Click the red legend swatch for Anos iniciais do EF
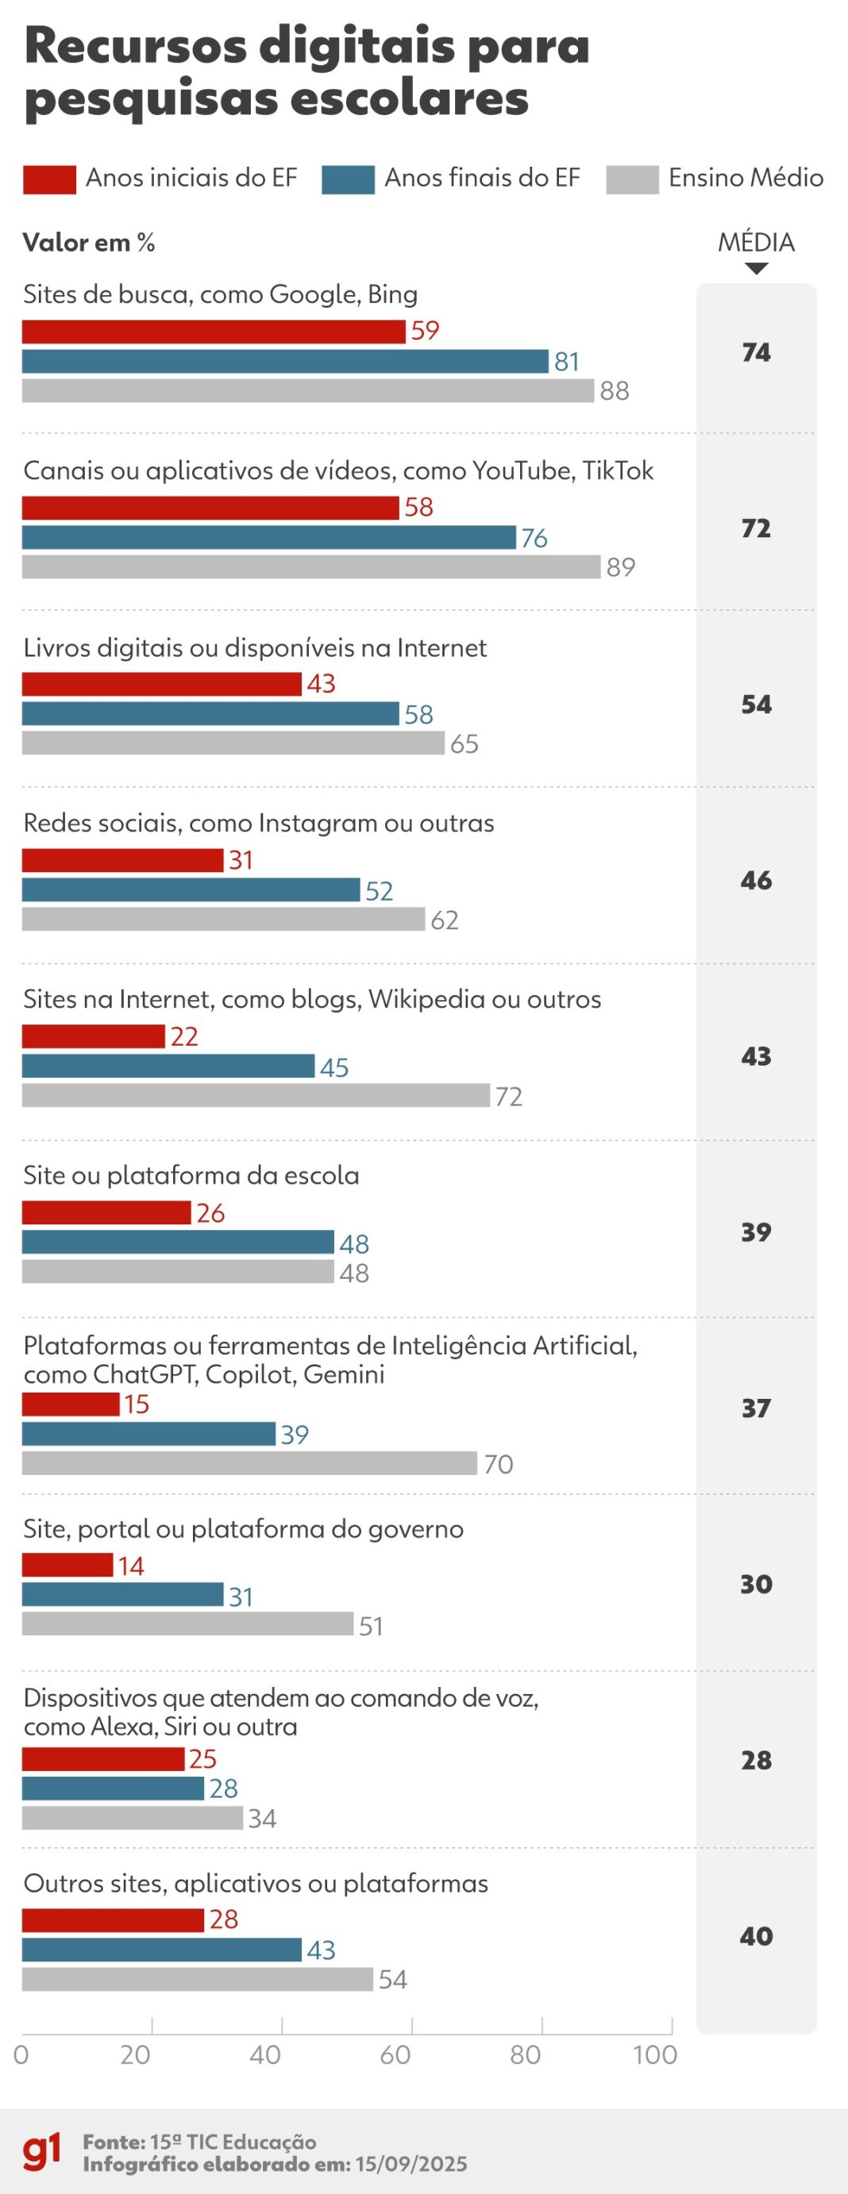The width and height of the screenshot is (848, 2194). tap(49, 179)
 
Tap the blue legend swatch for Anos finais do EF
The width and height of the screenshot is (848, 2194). tap(348, 179)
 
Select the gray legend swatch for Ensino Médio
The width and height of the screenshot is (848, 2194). tap(631, 179)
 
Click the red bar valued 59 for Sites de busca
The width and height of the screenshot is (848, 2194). tap(213, 332)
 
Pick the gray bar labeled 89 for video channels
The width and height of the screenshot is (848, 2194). tap(311, 567)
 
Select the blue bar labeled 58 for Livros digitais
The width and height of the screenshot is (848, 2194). tap(210, 713)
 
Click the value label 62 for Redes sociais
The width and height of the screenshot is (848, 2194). tap(444, 920)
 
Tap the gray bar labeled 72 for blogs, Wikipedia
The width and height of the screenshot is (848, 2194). tap(256, 1095)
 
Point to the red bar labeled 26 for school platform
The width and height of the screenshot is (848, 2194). tap(106, 1212)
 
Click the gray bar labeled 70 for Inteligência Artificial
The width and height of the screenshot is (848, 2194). tap(249, 1463)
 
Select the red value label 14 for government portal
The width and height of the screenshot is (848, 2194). tap(130, 1566)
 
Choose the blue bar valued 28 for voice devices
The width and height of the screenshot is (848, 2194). tap(113, 1789)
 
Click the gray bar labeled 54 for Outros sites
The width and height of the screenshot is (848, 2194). tap(197, 1978)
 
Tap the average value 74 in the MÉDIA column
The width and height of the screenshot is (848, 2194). tap(756, 352)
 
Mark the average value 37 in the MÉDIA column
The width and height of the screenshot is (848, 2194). tap(756, 1408)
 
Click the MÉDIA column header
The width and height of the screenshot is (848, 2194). tap(756, 243)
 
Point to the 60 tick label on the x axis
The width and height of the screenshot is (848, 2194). tap(395, 2054)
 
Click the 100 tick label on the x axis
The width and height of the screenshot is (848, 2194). tap(654, 2054)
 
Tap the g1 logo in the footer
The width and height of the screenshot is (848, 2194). tap(42, 2151)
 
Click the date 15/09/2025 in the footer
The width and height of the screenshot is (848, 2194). tap(411, 2164)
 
